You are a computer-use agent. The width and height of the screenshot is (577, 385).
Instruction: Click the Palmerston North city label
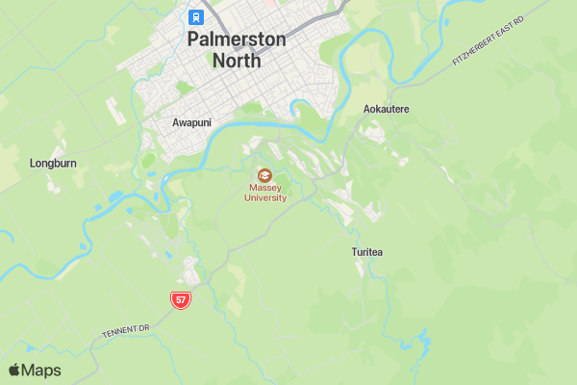coord(237,50)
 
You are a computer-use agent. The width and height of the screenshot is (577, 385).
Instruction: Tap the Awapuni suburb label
coord(191,122)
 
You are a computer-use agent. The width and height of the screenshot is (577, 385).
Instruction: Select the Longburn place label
coord(53,164)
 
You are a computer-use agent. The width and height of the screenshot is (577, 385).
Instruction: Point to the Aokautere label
coord(387,109)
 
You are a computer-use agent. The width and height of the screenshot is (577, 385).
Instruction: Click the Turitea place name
coord(366,252)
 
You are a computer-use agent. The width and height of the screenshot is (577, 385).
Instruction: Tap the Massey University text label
coord(265,192)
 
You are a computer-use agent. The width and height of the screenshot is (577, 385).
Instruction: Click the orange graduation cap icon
coord(264,175)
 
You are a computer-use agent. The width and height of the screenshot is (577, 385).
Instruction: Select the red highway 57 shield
coord(181,300)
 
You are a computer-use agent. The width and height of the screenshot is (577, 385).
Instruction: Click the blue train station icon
coord(196,16)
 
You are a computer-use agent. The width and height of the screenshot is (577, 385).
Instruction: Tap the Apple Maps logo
coord(35,371)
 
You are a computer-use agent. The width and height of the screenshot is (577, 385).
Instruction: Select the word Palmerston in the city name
coord(237,39)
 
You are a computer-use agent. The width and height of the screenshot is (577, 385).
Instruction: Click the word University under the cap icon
coord(265,197)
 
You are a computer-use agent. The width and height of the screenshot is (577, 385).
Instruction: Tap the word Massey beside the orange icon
coord(265,188)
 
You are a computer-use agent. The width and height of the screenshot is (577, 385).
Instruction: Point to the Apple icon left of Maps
coord(14,370)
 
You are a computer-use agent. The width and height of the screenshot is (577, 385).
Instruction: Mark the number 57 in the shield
coord(181,300)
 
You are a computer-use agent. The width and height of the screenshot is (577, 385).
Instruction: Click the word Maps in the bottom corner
coord(41,371)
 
